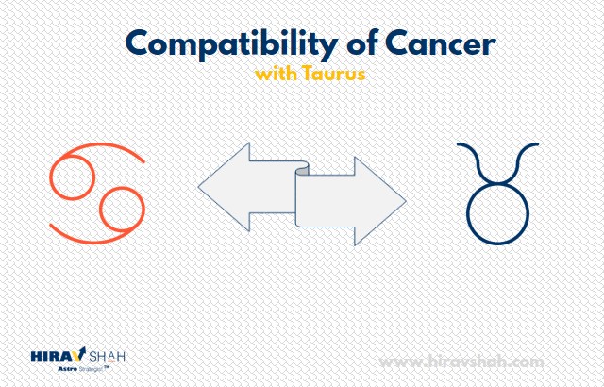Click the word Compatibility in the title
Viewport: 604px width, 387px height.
(x=232, y=44)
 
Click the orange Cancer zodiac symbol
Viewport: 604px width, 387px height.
(x=97, y=193)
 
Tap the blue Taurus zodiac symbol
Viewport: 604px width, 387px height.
(x=497, y=193)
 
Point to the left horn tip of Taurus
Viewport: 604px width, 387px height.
(x=458, y=144)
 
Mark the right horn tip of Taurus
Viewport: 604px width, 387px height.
(x=537, y=144)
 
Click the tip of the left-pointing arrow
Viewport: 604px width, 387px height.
(x=198, y=187)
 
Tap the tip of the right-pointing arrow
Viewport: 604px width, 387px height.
(x=406, y=201)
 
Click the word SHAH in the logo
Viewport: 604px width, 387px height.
(x=107, y=356)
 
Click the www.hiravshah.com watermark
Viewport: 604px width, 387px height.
(x=461, y=362)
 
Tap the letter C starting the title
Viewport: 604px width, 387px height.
(x=137, y=42)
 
